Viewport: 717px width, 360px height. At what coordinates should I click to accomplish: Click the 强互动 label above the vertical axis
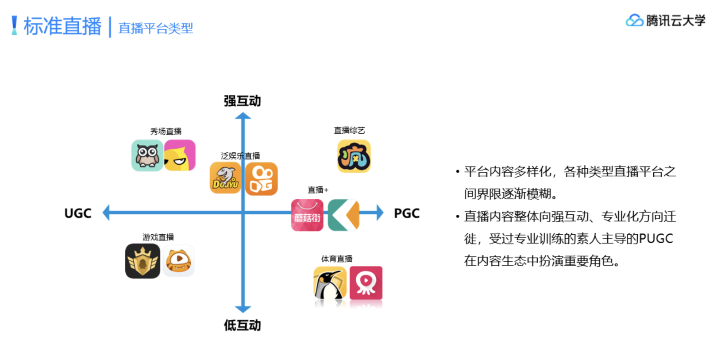click(242, 101)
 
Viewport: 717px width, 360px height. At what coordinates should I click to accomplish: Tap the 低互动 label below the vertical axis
click(242, 325)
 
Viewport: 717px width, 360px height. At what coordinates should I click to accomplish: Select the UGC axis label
click(78, 213)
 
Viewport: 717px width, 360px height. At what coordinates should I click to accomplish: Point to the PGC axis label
click(406, 213)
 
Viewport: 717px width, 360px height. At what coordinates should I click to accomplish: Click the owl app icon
click(147, 155)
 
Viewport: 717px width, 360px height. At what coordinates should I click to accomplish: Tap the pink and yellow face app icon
click(180, 155)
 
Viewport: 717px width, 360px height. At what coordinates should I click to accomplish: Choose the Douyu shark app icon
click(225, 178)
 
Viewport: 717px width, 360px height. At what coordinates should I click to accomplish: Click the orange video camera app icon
click(261, 179)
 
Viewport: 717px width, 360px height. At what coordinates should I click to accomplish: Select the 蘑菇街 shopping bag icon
click(307, 215)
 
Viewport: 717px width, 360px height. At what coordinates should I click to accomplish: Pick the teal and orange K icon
click(344, 215)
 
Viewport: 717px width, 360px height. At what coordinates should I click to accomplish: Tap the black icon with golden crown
click(143, 261)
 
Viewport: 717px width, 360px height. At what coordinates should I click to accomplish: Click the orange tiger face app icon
click(178, 261)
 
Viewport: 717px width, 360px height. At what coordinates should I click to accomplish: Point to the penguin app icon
click(330, 283)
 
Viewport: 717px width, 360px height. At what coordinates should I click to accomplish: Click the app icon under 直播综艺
click(354, 156)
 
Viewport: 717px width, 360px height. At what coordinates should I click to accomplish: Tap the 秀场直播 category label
click(166, 132)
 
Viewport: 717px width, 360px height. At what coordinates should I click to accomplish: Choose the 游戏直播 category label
click(158, 237)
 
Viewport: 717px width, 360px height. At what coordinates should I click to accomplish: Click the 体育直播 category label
click(337, 259)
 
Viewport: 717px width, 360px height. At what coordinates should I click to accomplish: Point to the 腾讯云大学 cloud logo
click(634, 20)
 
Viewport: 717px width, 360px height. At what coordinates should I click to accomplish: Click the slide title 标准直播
click(62, 26)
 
